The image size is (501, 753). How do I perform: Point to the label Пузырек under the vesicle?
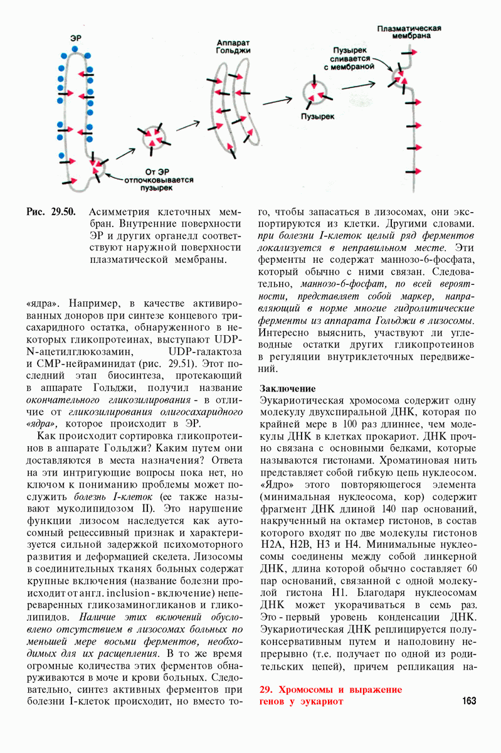pos(317,117)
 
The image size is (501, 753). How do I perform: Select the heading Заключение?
pos(287,388)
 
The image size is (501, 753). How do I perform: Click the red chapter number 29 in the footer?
pos(265,689)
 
